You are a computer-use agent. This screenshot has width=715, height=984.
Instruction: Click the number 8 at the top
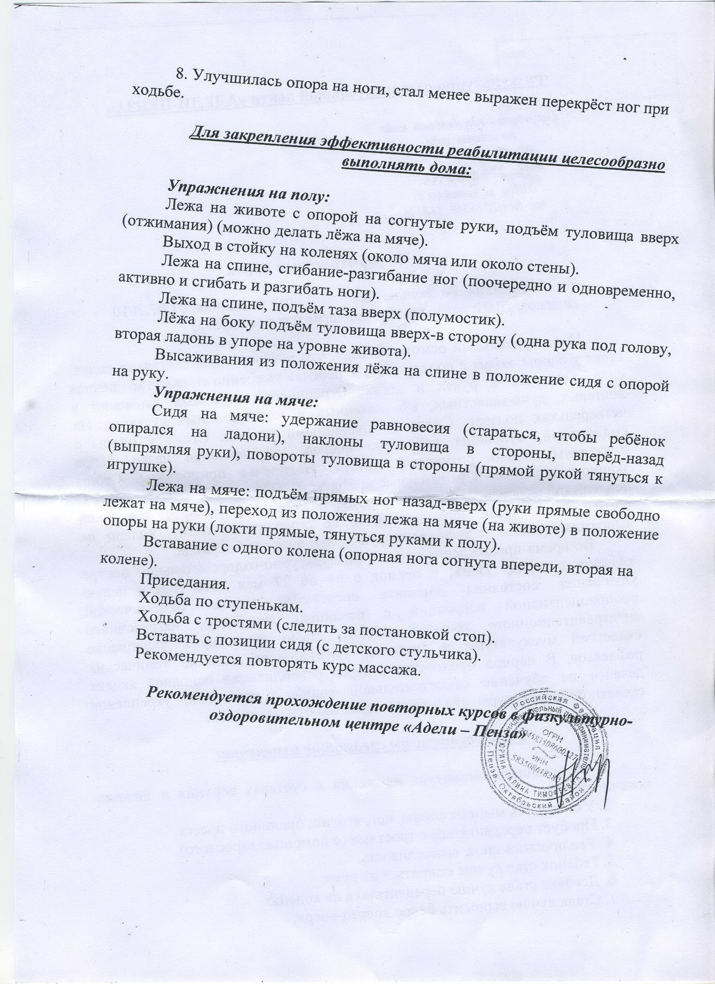tap(181, 74)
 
